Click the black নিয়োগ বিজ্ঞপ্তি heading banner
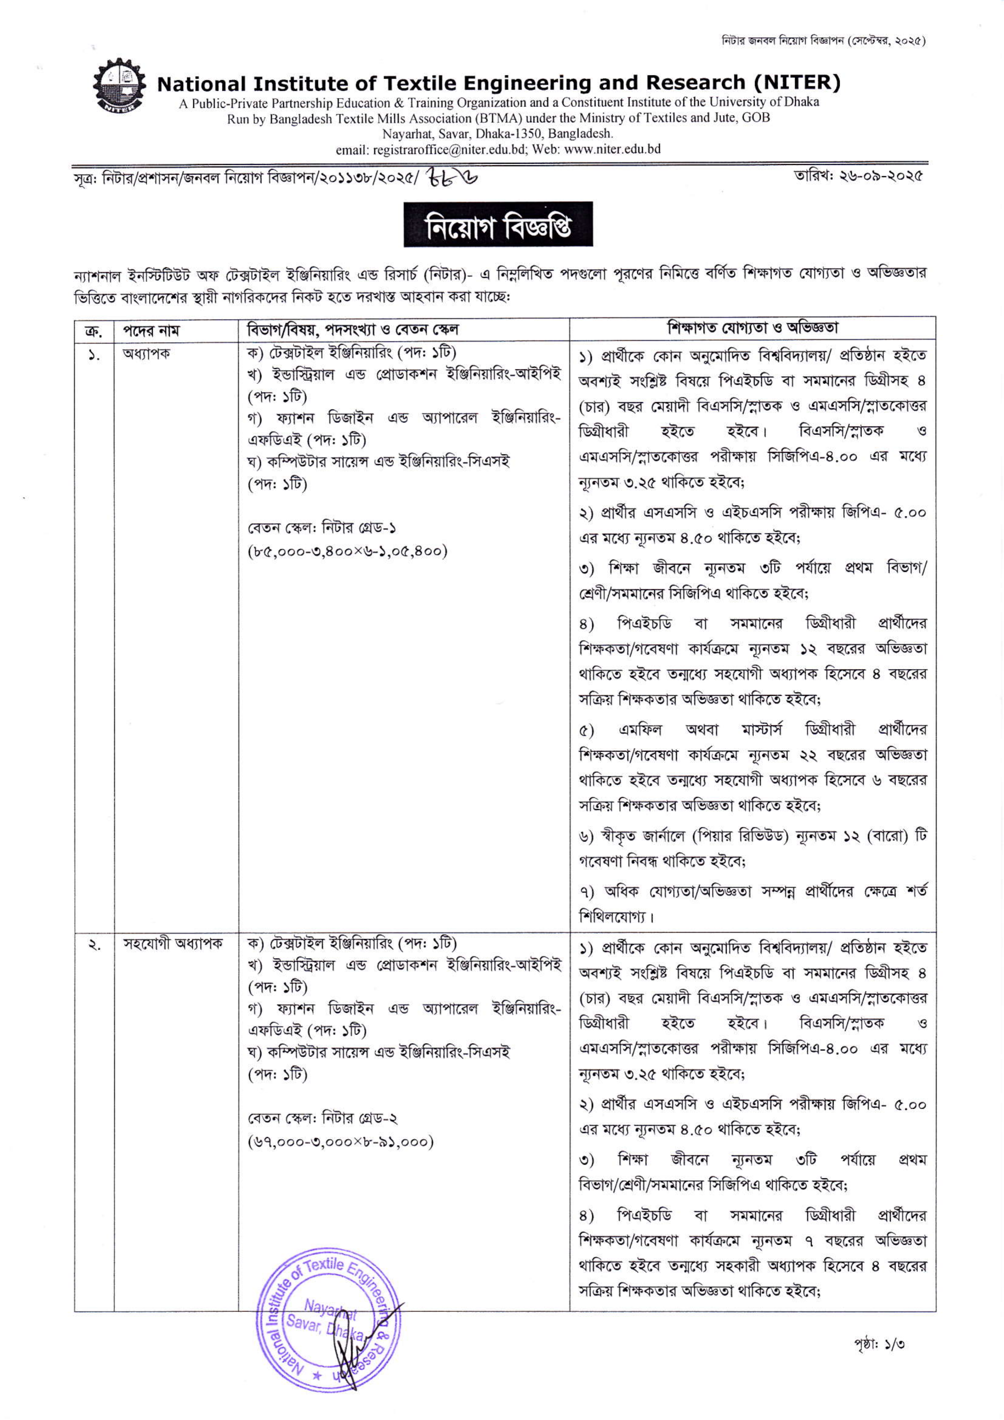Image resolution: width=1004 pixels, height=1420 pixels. pos(498,224)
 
